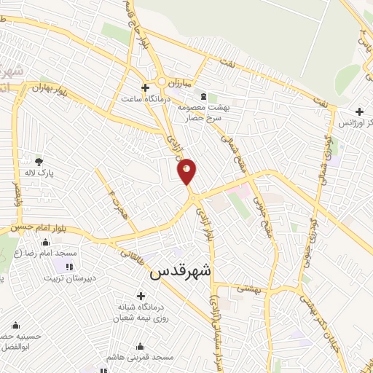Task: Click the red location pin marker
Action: pos(186,170)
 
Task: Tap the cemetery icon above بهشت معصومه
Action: pos(203,97)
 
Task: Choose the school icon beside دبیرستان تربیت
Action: pos(70,267)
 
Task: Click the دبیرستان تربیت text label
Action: pos(69,278)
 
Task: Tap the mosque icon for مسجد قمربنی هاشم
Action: pos(141,346)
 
